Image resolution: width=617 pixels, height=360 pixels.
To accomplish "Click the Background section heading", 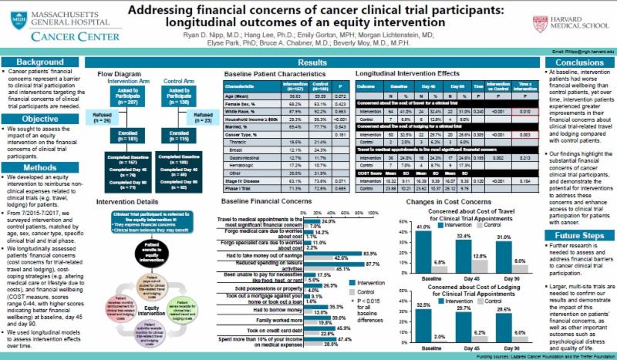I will point(41,61).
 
